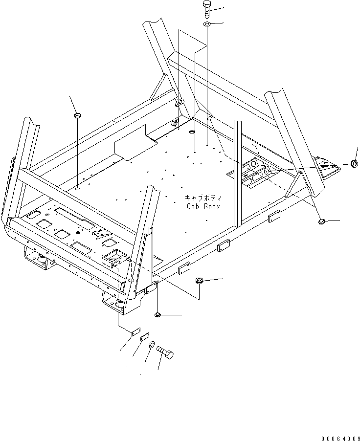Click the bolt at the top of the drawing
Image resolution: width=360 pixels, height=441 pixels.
[x=206, y=9]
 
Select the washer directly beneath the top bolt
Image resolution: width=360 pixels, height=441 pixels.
[x=207, y=24]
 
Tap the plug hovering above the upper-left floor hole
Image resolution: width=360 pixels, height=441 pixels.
[x=77, y=115]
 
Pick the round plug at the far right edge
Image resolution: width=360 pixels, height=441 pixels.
[x=354, y=163]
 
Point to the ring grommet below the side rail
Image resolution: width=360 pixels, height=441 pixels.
[x=199, y=280]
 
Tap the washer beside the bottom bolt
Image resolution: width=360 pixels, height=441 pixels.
[x=152, y=345]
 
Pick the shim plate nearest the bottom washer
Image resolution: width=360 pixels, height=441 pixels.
[x=145, y=337]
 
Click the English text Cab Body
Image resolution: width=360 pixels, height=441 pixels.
[x=203, y=206]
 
